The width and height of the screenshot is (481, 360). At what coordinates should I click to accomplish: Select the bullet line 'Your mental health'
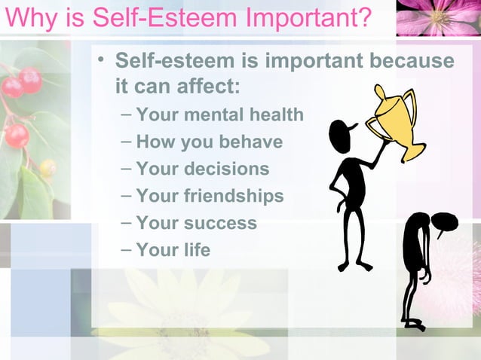tap(219, 115)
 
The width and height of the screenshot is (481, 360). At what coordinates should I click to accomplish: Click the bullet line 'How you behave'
tap(209, 142)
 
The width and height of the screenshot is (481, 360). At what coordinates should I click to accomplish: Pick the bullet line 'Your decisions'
tap(202, 169)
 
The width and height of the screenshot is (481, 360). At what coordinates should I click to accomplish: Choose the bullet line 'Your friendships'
tap(210, 197)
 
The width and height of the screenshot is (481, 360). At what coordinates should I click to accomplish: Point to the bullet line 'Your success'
tap(196, 224)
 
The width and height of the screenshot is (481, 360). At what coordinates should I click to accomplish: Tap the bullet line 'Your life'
tap(173, 250)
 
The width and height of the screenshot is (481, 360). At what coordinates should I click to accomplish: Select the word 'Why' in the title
tap(26, 17)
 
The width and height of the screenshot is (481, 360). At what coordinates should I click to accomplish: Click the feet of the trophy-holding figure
tap(354, 265)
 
